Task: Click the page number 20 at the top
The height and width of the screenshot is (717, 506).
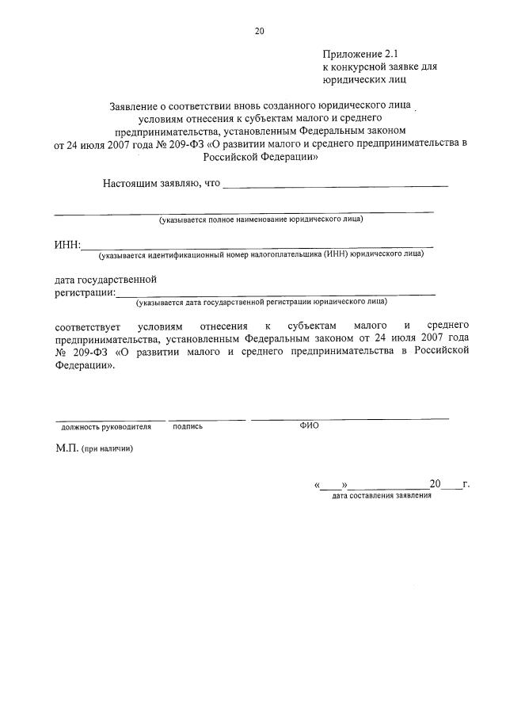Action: point(259,32)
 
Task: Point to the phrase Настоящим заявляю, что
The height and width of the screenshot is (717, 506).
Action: point(161,184)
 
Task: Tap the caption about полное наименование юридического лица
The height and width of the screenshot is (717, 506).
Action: point(261,219)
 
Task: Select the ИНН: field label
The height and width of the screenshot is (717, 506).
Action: point(67,244)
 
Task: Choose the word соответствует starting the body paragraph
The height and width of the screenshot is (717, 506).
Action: point(85,326)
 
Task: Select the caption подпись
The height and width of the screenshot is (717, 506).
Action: point(188,426)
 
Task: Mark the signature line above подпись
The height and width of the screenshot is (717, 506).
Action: point(207,419)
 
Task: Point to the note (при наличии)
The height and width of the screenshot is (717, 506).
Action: point(107,448)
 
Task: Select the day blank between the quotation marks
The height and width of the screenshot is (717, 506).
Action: point(332,484)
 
